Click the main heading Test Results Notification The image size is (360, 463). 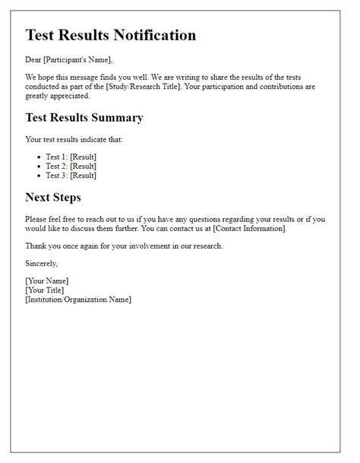(111, 35)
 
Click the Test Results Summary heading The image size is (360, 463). (84, 118)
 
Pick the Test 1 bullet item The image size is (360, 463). (71, 157)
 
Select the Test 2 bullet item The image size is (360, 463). (71, 166)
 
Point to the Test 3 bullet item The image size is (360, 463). (71, 175)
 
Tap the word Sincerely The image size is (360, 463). (41, 263)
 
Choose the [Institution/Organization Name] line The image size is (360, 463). (78, 299)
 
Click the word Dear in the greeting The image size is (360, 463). (34, 60)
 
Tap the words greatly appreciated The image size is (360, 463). (58, 96)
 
